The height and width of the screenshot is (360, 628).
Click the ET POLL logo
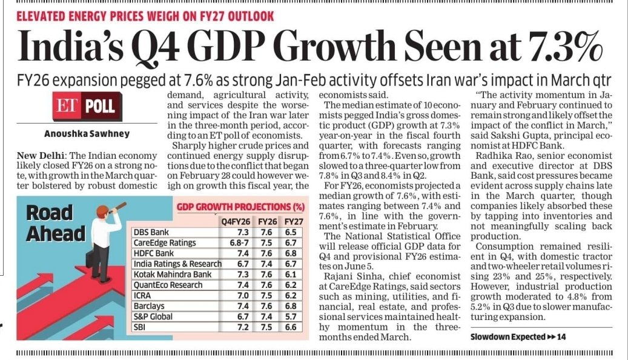87,106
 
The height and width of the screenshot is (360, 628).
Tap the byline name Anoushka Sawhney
87,134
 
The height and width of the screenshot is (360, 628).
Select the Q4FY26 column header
236,222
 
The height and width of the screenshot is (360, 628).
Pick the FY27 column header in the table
294,222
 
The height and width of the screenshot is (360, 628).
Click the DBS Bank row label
151,233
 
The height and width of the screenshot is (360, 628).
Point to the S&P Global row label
153,317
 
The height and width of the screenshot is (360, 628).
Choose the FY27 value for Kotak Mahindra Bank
291,275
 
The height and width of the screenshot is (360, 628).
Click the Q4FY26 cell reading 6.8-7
239,243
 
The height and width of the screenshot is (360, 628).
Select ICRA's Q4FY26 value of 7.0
243,296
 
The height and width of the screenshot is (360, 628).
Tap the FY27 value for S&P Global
291,317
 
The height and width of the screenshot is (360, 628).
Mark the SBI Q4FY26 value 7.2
243,327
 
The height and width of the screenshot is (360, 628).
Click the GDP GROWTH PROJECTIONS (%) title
240,207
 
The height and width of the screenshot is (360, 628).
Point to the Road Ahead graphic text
55,223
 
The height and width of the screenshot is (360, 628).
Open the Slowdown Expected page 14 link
518,337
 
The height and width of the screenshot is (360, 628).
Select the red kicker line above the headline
145,16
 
